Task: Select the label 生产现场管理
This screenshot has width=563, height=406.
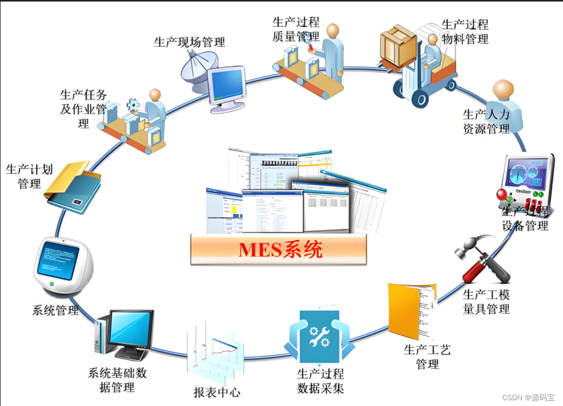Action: (190, 42)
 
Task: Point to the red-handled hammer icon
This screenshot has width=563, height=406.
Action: (480, 261)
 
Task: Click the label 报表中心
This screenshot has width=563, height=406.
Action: (217, 392)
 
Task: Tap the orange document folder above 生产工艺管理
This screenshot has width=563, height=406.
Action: (411, 311)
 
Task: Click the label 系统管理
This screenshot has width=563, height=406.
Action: (55, 310)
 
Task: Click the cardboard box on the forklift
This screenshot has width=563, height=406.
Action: (399, 45)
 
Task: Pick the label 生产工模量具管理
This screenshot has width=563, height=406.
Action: (486, 302)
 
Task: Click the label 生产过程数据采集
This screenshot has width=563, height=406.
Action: (320, 382)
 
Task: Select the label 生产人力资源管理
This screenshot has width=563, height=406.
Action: (486, 122)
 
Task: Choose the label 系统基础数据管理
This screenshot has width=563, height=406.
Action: (117, 380)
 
